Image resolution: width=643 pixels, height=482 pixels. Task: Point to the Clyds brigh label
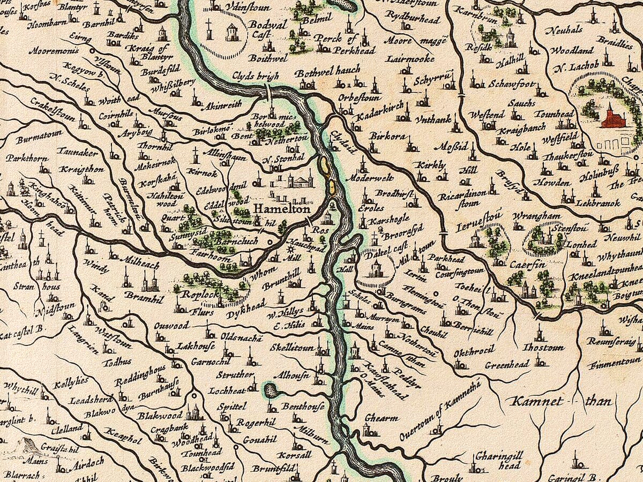click(256, 77)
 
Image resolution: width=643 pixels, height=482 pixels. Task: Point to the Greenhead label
click(507, 365)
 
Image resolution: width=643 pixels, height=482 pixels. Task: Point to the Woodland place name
click(572, 50)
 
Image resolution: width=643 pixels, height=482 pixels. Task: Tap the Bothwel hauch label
click(328, 71)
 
